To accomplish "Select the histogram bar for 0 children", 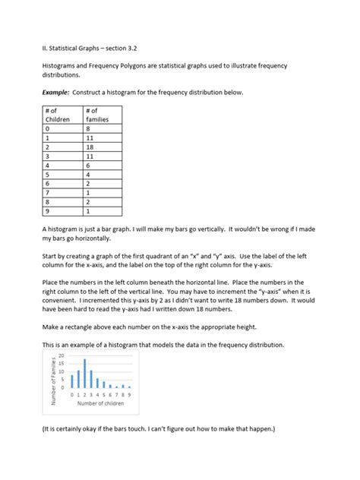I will (x=72, y=381).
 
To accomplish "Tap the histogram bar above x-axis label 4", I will (x=97, y=384).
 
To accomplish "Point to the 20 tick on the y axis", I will (x=62, y=355).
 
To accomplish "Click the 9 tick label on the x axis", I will (x=129, y=395).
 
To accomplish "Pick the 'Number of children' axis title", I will (x=100, y=405).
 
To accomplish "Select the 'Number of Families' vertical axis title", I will (x=54, y=374).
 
